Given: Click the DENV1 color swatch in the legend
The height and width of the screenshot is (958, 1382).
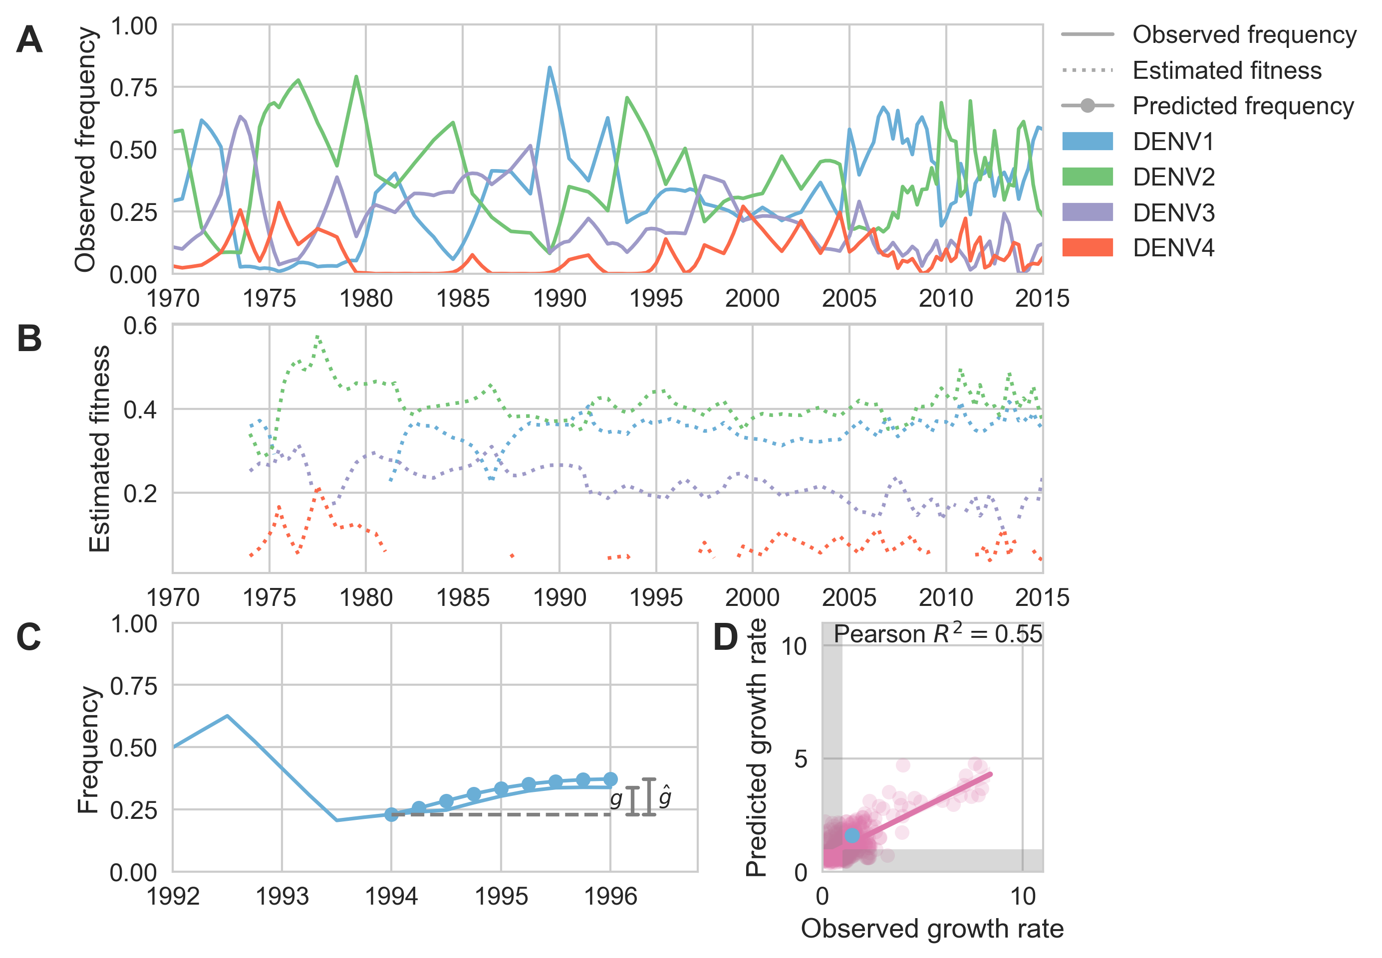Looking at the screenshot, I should coord(1087,141).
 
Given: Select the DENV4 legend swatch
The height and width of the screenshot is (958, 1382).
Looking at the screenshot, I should coord(1087,247).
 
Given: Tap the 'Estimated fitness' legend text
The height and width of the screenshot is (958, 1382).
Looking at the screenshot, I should coord(1226,70).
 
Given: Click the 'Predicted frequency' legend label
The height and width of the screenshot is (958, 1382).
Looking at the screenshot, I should coord(1243,106).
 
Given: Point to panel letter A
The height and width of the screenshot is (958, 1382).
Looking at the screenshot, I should coord(29,40).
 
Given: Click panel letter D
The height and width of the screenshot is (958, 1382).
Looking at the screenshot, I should coord(725,637).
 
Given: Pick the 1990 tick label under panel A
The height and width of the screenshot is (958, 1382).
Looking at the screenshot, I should coord(559,298).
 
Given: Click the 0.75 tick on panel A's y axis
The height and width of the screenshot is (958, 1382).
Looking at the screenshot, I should coord(133,88).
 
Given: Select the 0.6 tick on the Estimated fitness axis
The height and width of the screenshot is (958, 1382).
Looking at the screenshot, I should coord(140,326).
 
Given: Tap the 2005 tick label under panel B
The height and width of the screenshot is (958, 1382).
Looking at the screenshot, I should coord(848,597).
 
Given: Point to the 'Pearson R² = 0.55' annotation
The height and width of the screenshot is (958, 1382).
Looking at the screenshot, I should coord(937,634).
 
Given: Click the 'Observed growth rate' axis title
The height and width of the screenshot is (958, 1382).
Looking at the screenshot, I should coord(932,929).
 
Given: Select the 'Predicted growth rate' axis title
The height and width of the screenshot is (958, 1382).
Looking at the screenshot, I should coord(756,748).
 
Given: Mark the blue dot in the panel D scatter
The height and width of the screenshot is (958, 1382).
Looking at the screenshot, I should coord(851,835).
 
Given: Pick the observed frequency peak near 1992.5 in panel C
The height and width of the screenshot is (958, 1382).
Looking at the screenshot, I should coord(227,716).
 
